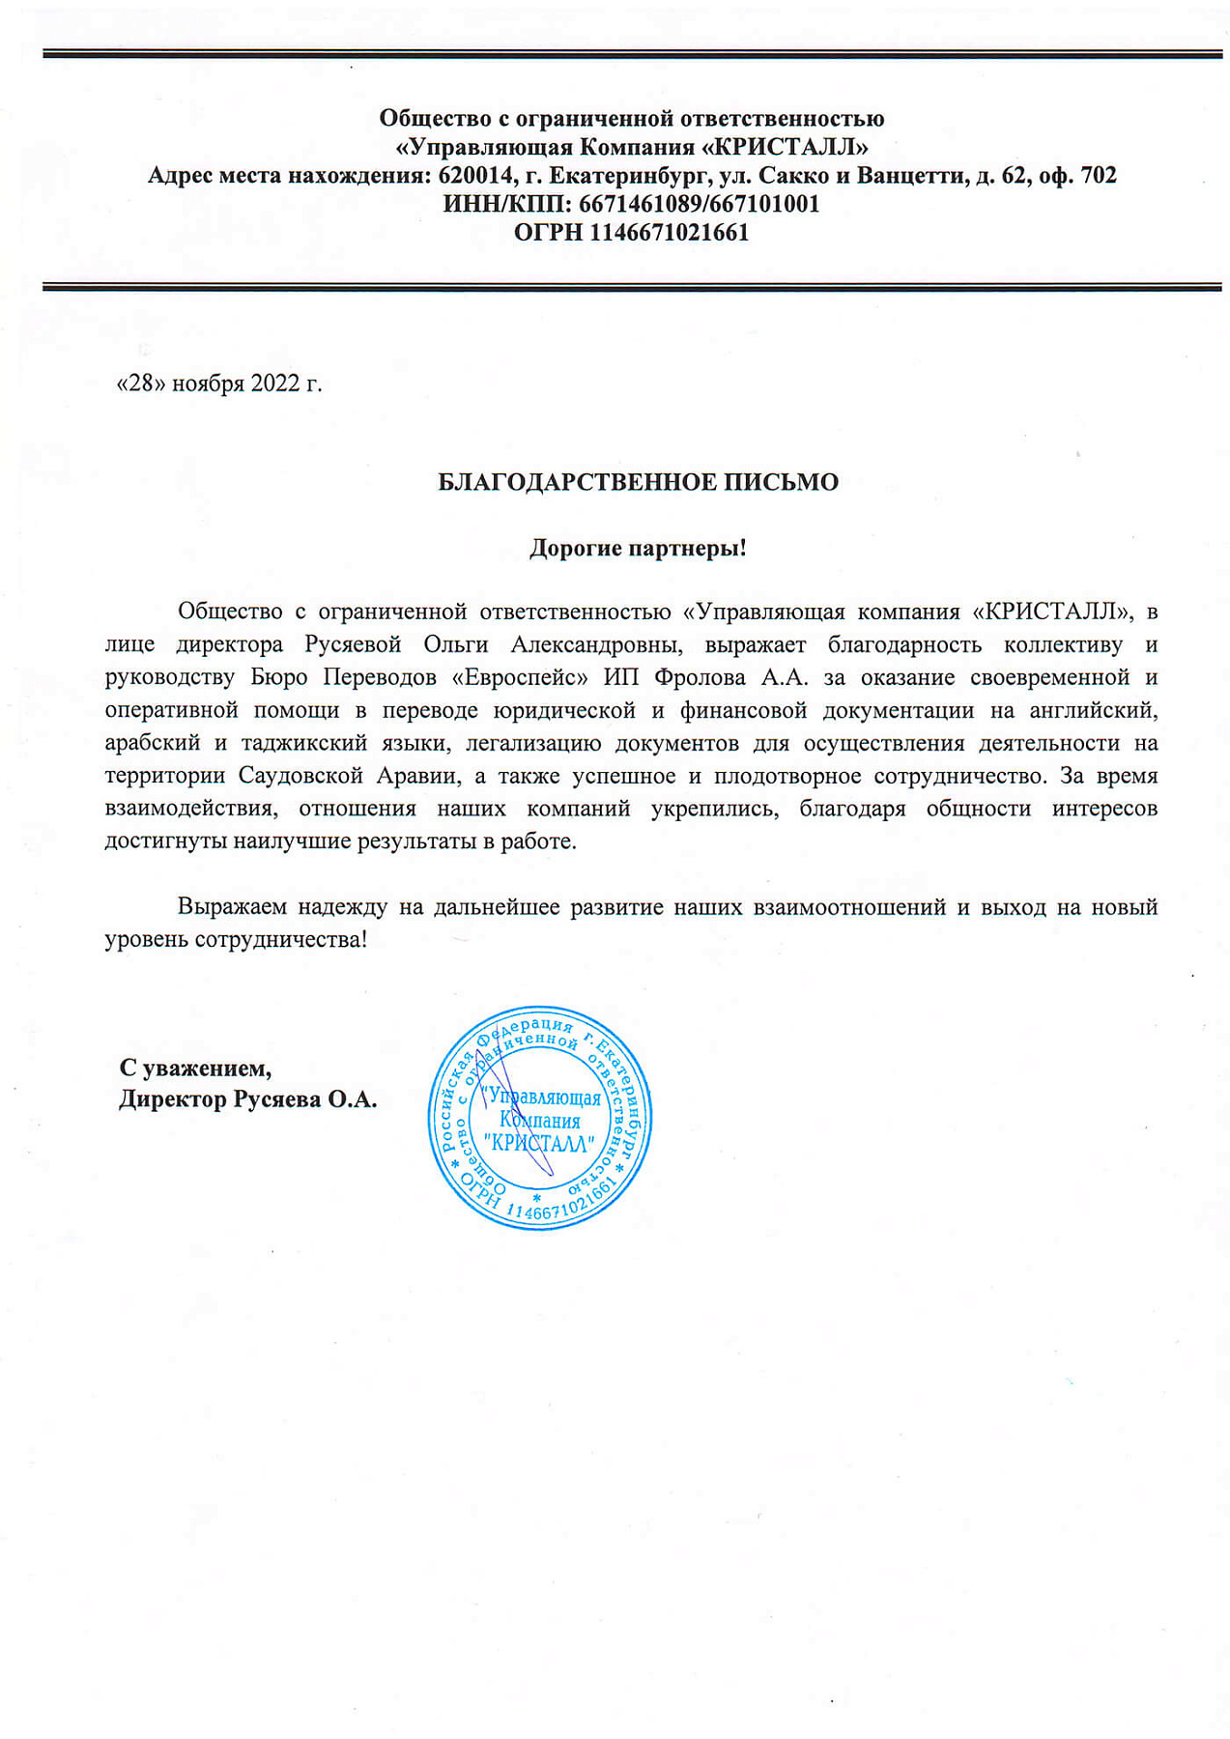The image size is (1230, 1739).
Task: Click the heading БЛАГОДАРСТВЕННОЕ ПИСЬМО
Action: pyautogui.click(x=638, y=482)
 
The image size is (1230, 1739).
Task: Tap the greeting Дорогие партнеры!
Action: pyautogui.click(x=638, y=549)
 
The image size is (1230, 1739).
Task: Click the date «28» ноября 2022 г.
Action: pyautogui.click(x=219, y=384)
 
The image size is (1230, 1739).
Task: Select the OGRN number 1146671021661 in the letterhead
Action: pyautogui.click(x=669, y=233)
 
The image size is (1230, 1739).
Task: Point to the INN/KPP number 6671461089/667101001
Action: pyautogui.click(x=699, y=204)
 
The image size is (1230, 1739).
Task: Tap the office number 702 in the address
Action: pyautogui.click(x=1098, y=176)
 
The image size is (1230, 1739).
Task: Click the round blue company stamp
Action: pyautogui.click(x=539, y=1118)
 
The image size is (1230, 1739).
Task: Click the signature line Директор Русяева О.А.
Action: pyautogui.click(x=247, y=1099)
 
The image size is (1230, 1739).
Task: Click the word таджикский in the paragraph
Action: pyautogui.click(x=303, y=743)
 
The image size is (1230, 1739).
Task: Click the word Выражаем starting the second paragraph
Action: pyautogui.click(x=232, y=907)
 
